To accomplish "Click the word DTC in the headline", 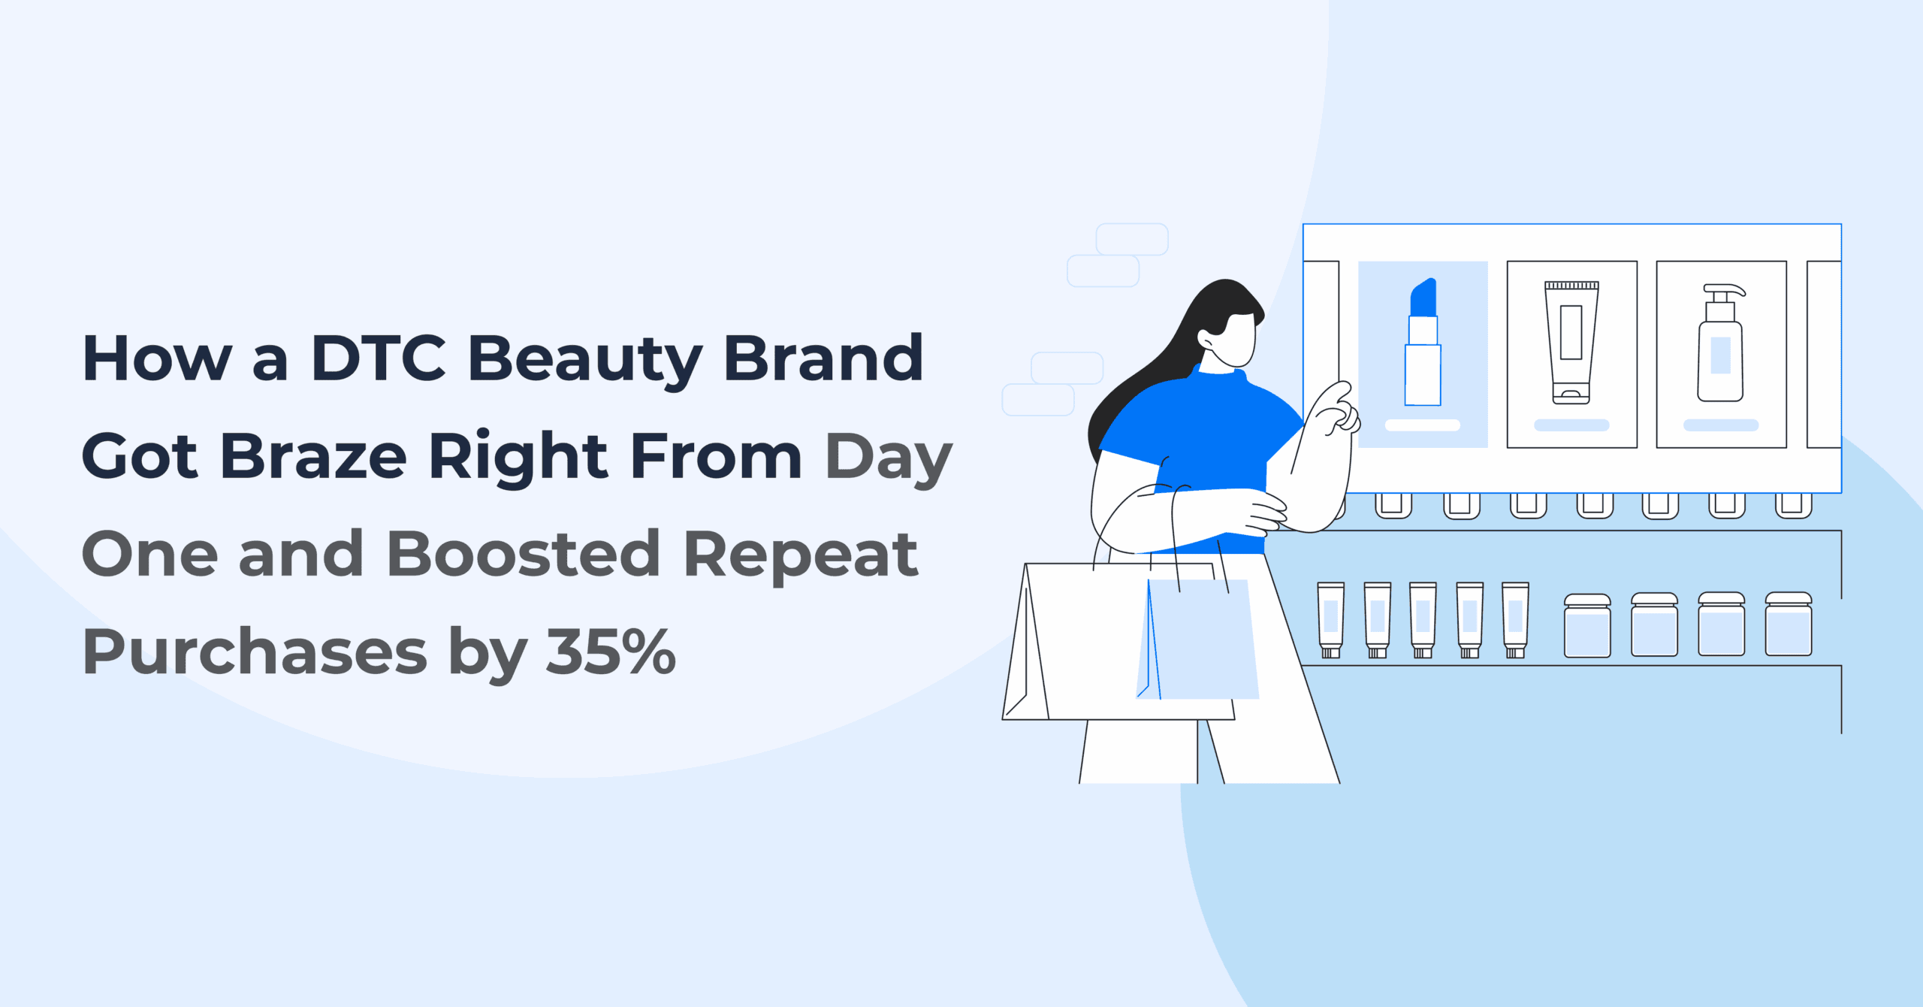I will pyautogui.click(x=378, y=359).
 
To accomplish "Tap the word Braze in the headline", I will pyautogui.click(x=313, y=456).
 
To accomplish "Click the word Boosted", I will pyautogui.click(x=524, y=554).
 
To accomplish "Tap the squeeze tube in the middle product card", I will pyautogui.click(x=1571, y=342).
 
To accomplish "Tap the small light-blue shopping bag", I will pyautogui.click(x=1199, y=639).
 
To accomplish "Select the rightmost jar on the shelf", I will pyautogui.click(x=1789, y=625).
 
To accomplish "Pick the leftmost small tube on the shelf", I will pyautogui.click(x=1330, y=620).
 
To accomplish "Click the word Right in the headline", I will pyautogui.click(x=518, y=456).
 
